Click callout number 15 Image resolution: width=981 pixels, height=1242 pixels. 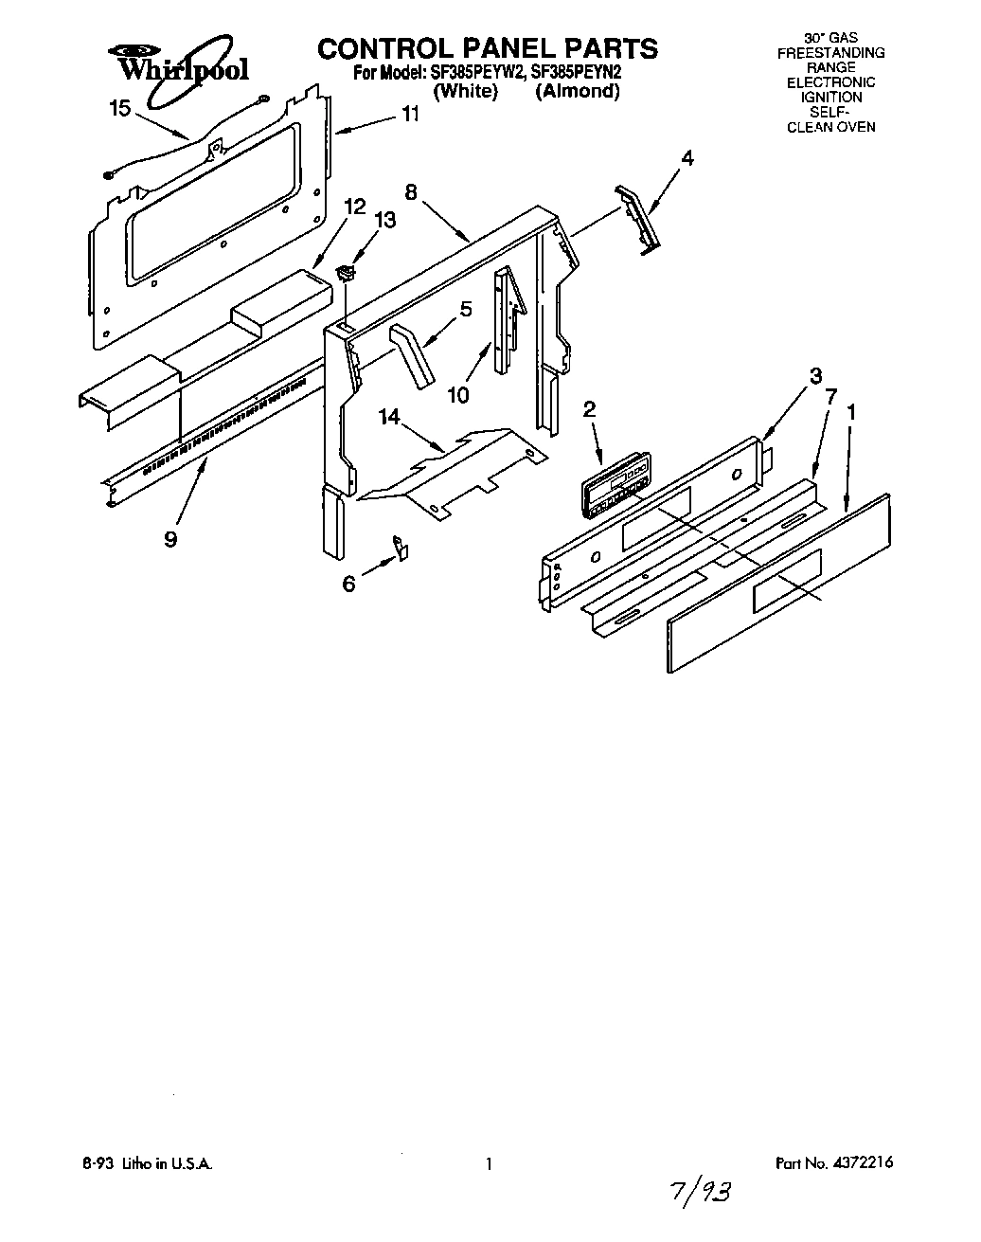(120, 109)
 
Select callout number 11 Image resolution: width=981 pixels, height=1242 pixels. (410, 115)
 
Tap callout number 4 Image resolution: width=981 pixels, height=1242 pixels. (688, 159)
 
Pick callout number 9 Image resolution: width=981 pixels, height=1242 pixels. (170, 539)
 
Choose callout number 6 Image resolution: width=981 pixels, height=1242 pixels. (349, 585)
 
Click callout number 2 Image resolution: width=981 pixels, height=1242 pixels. (589, 409)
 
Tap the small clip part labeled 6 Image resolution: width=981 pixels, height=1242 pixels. (401, 547)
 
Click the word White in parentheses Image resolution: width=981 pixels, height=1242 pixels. (465, 92)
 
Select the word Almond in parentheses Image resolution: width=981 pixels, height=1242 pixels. (577, 92)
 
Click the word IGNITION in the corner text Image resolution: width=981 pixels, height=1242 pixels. (830, 97)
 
